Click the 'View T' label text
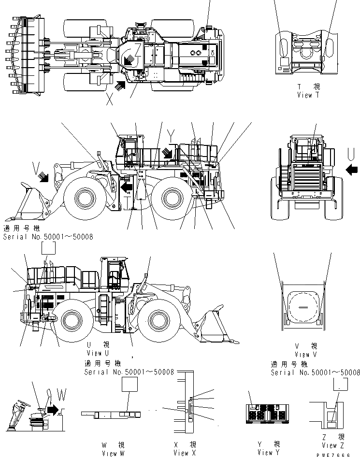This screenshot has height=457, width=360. click(308, 95)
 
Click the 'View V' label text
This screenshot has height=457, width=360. click(308, 354)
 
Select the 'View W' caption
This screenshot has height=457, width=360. click(109, 453)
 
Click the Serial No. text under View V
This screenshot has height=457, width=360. click(315, 372)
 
